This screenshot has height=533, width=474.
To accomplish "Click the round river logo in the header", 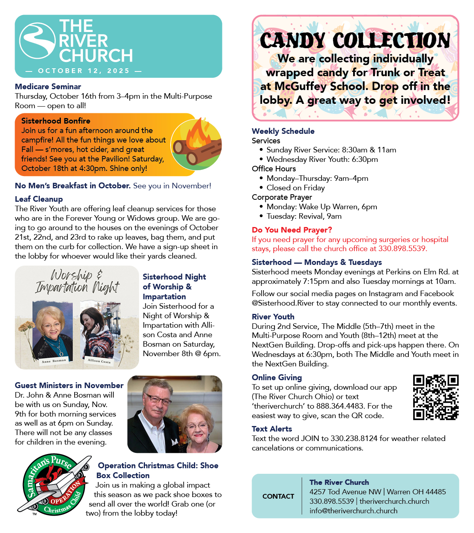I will (38, 41).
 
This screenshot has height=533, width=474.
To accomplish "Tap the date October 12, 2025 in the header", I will (84, 71).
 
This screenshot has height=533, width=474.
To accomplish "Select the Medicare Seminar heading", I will (48, 86).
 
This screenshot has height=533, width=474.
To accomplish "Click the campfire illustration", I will (196, 144).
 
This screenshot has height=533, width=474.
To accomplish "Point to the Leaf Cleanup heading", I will (39, 199).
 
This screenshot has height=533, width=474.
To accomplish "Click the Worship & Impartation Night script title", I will (77, 281).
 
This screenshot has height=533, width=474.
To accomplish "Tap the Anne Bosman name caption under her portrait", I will (54, 361).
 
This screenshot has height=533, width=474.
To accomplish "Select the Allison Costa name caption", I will (99, 361).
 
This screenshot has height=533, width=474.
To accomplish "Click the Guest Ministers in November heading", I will (69, 385).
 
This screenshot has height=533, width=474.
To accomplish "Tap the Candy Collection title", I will (355, 40).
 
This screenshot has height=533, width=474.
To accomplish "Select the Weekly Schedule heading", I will (283, 131).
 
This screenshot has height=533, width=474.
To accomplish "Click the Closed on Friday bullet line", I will (295, 188).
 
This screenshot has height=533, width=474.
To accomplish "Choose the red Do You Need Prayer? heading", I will (292, 230).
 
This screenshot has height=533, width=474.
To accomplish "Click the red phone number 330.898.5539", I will (402, 249).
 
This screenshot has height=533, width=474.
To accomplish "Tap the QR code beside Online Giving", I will (436, 397).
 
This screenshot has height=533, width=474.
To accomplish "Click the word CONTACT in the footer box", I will (278, 496).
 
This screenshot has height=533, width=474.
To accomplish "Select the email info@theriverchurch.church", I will (354, 511).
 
